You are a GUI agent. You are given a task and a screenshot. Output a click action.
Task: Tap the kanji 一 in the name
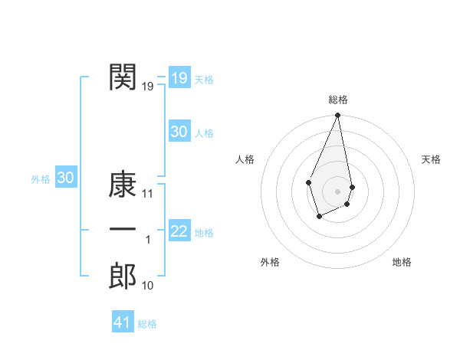point(123,230)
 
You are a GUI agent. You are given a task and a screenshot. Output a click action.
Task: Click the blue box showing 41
point(123,322)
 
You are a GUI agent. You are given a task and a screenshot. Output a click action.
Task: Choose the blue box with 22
point(179,231)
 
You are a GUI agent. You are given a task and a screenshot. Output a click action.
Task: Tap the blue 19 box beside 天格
point(179,78)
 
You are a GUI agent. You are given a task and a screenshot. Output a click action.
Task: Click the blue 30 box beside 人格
point(179,132)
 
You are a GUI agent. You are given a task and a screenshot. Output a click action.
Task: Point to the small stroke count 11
point(148,194)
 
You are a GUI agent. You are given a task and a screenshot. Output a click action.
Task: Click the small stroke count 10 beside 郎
point(148,286)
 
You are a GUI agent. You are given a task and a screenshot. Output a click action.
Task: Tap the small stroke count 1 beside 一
point(148,240)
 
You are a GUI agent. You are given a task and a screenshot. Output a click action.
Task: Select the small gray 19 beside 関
point(148,87)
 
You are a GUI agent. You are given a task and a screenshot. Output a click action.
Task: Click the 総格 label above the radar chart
point(337,100)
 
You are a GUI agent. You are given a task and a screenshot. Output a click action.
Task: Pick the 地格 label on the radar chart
point(402,262)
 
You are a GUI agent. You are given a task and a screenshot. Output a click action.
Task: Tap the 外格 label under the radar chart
point(270,262)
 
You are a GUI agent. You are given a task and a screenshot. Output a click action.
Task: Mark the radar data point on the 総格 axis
point(337,116)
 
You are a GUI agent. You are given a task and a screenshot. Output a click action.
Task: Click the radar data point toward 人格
point(308,182)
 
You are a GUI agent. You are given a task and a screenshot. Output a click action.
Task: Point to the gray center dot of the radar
point(337,191)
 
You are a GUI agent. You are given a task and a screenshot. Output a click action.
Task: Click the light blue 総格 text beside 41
point(147,324)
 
